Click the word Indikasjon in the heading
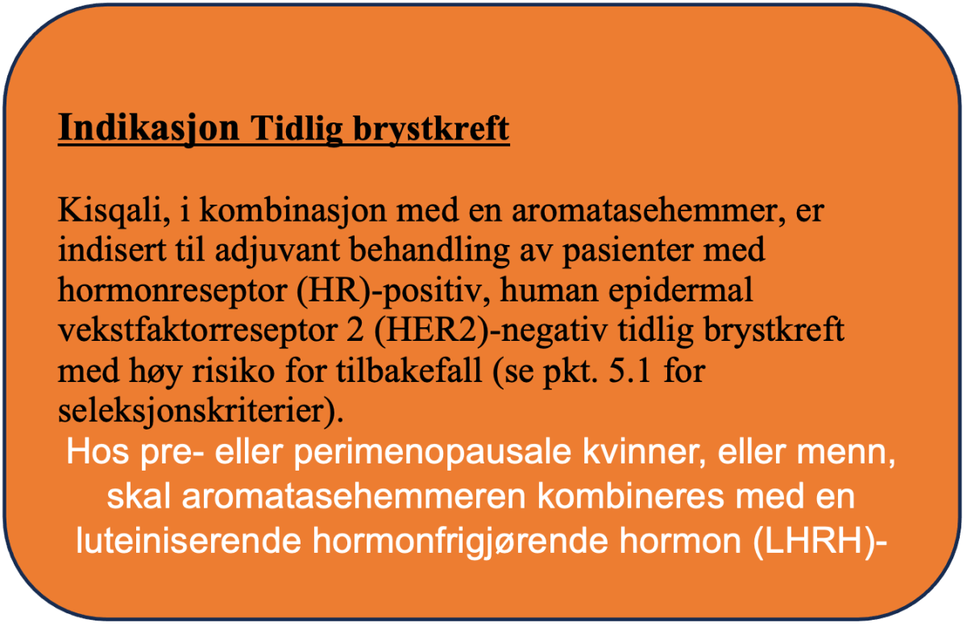click(148, 128)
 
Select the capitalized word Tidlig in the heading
click(297, 128)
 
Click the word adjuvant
click(277, 251)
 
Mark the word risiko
click(233, 372)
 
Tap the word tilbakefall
click(409, 371)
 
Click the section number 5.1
click(629, 372)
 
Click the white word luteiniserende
click(189, 542)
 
